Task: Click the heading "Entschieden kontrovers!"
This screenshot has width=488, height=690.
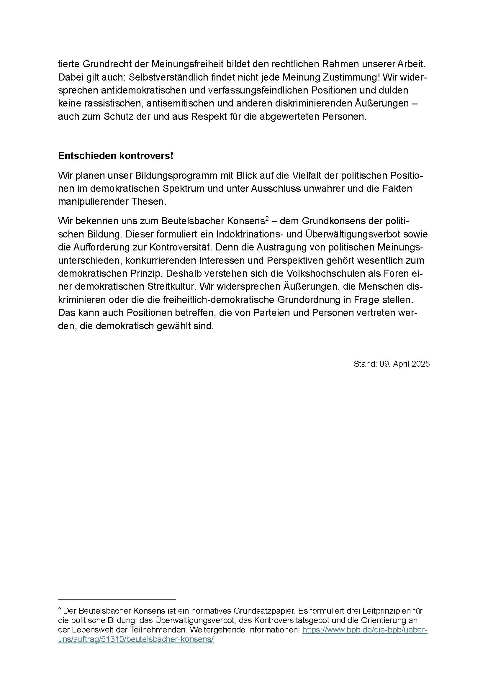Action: [x=116, y=156]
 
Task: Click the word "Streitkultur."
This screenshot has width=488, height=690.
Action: [x=172, y=286]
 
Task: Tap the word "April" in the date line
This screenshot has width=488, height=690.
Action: [x=402, y=364]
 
